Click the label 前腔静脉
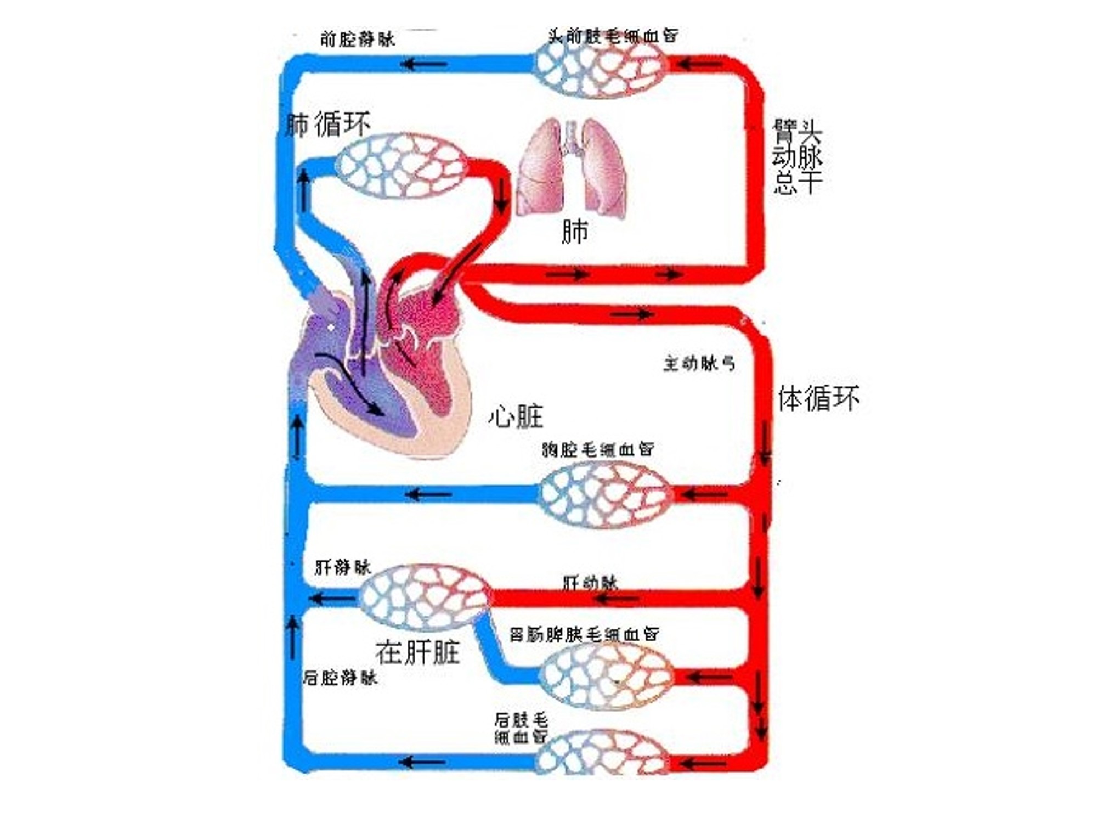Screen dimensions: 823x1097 pos(357,39)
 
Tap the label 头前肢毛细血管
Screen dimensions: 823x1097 pos(613,36)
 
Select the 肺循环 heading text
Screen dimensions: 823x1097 pos(328,125)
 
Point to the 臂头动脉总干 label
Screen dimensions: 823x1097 pos(797,157)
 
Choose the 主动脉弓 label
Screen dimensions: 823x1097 pos(699,363)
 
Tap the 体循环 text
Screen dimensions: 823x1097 pos(818,398)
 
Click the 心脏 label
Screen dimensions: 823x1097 pos(516,416)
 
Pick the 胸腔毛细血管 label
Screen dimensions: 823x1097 pos(598,449)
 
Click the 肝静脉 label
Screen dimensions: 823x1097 pos(343,567)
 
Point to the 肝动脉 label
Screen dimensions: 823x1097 pos(590,582)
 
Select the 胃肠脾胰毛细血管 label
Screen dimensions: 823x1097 pos(584,634)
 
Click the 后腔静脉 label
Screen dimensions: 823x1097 pos(340,678)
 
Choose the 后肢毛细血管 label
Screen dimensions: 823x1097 pos(521,728)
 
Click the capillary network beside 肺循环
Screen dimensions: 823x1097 pos(401,165)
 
